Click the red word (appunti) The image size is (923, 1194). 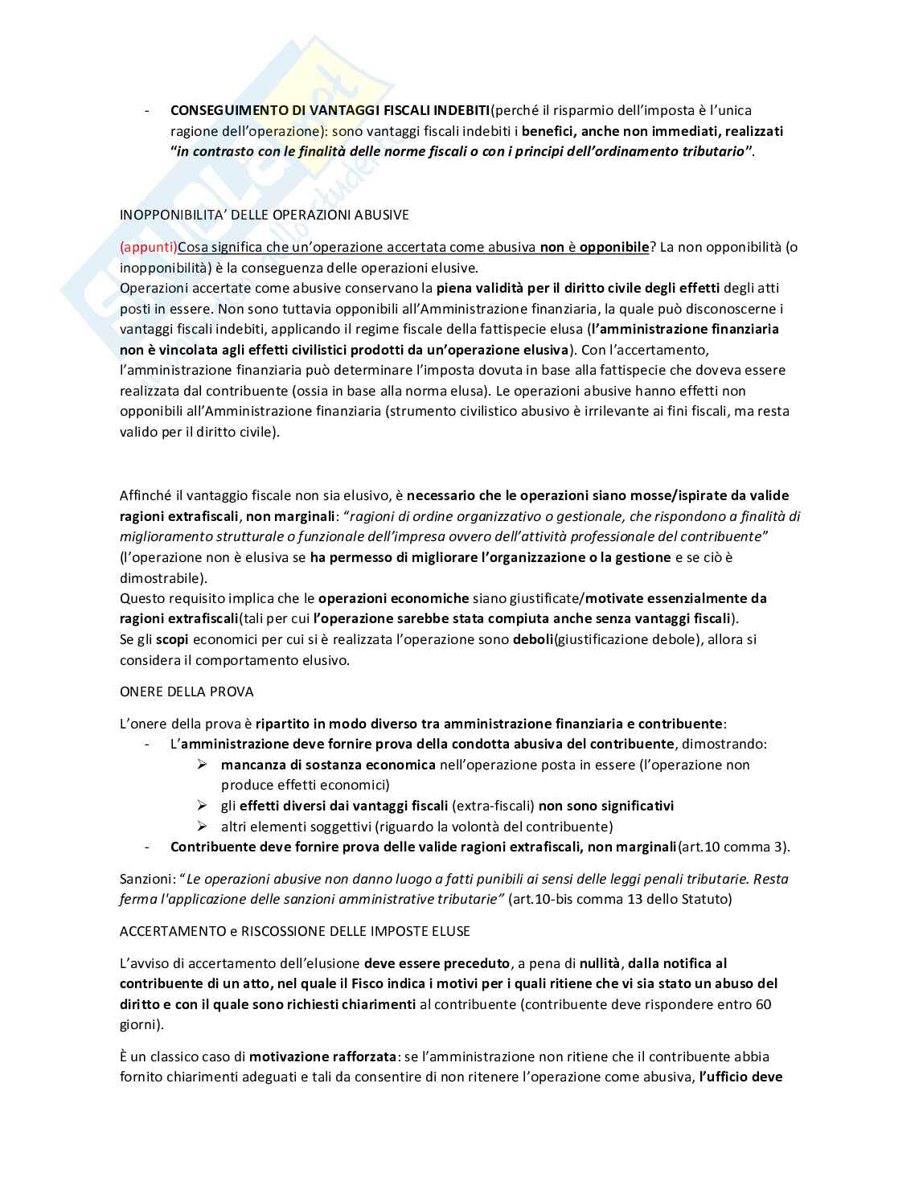click(x=148, y=248)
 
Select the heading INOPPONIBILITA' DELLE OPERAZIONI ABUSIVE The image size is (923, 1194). click(x=264, y=215)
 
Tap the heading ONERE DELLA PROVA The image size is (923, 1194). click(x=187, y=691)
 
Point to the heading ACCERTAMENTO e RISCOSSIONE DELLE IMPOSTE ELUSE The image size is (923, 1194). click(x=294, y=931)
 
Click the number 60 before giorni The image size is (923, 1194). click(x=763, y=1004)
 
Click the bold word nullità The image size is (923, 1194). click(x=600, y=963)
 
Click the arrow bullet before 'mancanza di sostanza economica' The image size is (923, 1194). click(x=203, y=765)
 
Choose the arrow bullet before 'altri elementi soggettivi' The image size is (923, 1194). click(x=203, y=827)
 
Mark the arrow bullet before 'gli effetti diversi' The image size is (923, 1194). click(x=203, y=806)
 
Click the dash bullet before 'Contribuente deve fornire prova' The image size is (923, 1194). click(x=147, y=847)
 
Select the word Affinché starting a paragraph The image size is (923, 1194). click(x=147, y=495)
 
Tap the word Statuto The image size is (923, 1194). click(x=705, y=899)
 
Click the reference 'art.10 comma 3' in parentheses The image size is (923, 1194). click(x=732, y=847)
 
